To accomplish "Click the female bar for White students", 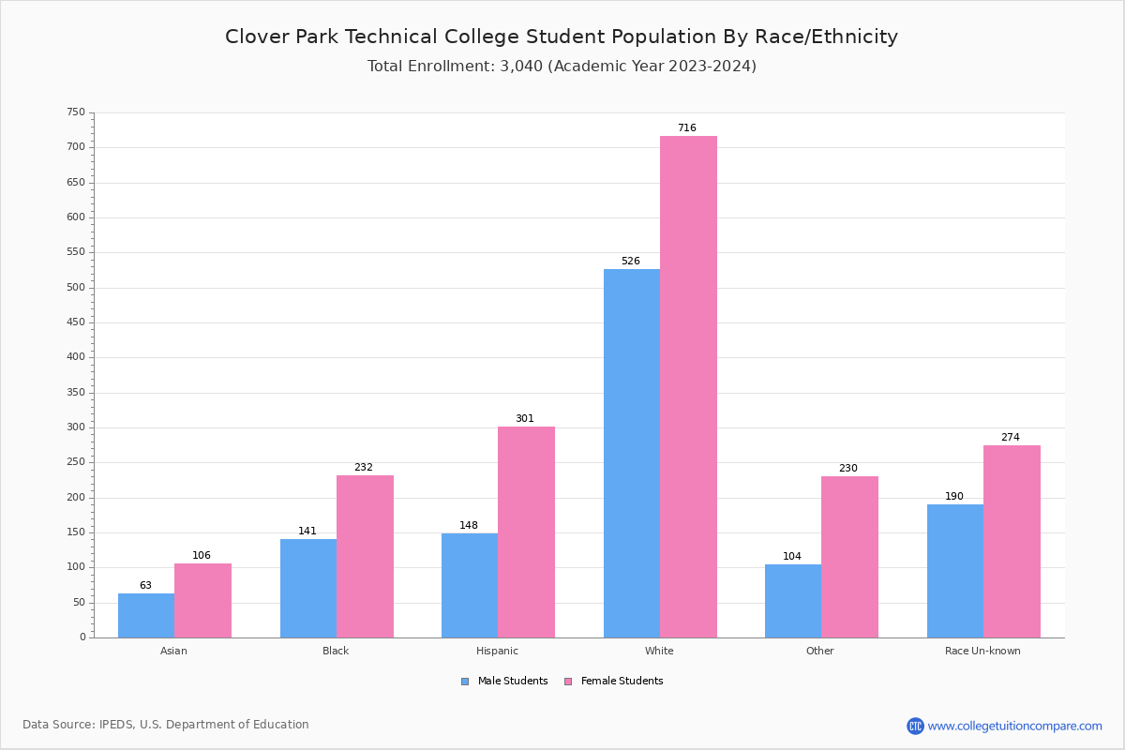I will click(x=688, y=386).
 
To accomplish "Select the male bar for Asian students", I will click(x=146, y=615).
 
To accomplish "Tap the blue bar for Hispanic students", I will click(x=470, y=585).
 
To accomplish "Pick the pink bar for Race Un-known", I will click(x=1012, y=541).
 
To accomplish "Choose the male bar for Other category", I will click(x=793, y=601).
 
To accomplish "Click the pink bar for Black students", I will click(x=365, y=556).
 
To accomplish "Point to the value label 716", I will click(x=687, y=128).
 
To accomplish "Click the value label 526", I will click(x=631, y=262).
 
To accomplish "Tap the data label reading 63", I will click(x=145, y=586).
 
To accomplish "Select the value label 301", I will click(x=525, y=419).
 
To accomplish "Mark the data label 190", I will click(x=954, y=497).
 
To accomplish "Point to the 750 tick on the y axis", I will click(x=76, y=112).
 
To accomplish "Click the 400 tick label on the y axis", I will click(x=76, y=357).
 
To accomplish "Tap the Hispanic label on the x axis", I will click(x=497, y=651).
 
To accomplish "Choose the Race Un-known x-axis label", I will click(x=982, y=651).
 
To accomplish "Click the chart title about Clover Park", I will click(x=562, y=37).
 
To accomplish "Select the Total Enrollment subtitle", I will click(x=562, y=67).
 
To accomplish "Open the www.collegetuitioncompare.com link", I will click(x=1014, y=726).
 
